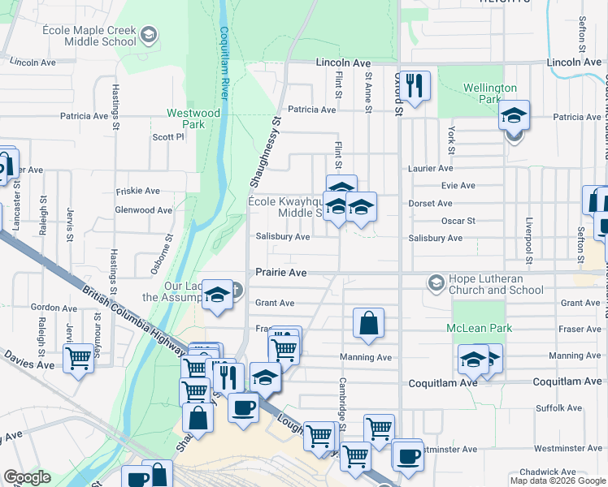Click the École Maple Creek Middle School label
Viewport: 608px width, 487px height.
(x=89, y=35)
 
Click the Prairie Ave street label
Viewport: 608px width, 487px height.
(x=281, y=273)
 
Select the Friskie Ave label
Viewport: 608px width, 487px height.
(x=138, y=191)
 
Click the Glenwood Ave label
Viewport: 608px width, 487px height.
(x=144, y=209)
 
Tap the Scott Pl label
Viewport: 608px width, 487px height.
(x=168, y=137)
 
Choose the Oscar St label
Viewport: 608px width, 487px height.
(x=458, y=220)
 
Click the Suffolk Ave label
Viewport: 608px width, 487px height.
(x=558, y=407)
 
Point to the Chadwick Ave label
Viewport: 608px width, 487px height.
(x=548, y=472)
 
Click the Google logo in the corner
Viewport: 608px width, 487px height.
(x=28, y=477)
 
